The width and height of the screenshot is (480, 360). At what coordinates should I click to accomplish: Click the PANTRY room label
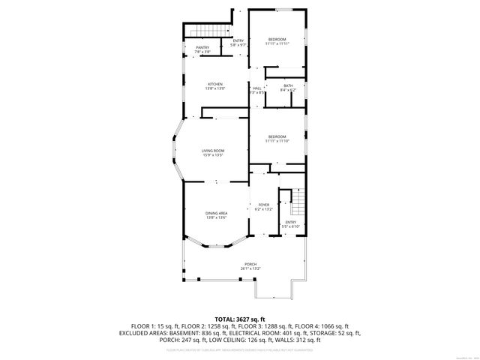[202, 47]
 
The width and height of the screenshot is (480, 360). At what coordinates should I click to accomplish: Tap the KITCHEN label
[216, 84]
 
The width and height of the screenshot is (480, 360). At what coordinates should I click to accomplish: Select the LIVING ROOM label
[213, 151]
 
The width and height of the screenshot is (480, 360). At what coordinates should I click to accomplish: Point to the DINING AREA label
[217, 214]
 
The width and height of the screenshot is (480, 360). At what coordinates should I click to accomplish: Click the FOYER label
[263, 205]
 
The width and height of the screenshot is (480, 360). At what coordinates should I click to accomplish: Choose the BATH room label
[288, 85]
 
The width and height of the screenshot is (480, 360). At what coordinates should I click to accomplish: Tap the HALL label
[256, 88]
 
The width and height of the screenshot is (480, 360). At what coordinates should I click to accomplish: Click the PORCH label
[250, 264]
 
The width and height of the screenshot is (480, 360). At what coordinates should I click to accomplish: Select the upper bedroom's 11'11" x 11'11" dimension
[277, 43]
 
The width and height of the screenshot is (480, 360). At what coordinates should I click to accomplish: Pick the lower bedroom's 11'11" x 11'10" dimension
[277, 140]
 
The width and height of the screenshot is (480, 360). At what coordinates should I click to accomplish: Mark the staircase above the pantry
[202, 30]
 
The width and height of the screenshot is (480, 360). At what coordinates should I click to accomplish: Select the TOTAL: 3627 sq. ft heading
[239, 319]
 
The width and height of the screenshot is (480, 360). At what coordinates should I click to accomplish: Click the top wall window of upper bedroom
[278, 10]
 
